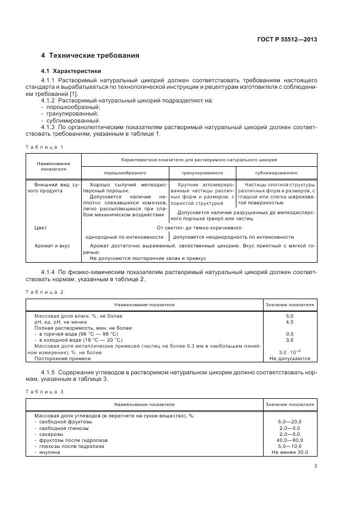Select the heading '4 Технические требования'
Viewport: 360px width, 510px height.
tap(90, 56)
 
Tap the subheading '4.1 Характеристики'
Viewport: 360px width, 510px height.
tap(71, 71)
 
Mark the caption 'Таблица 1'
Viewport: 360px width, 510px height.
tap(45, 147)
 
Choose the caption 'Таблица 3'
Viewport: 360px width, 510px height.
tap(45, 392)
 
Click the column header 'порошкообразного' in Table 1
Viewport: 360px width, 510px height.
tap(124, 172)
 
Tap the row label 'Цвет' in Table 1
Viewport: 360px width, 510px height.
tap(41, 228)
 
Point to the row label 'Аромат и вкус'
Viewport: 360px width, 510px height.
tap(52, 246)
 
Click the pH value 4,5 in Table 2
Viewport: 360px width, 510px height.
tap(289, 321)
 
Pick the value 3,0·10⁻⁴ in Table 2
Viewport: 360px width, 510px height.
tap(289, 352)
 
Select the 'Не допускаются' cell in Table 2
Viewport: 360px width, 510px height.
tap(289, 359)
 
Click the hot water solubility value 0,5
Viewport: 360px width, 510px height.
tap(289, 334)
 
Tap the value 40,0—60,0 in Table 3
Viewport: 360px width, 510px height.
tap(289, 440)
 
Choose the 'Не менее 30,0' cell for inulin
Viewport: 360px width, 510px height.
tap(289, 452)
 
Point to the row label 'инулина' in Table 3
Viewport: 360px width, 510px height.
tap(48, 452)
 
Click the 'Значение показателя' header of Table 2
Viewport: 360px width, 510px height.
tap(289, 305)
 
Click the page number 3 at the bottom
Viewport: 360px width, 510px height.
tap(315, 466)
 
